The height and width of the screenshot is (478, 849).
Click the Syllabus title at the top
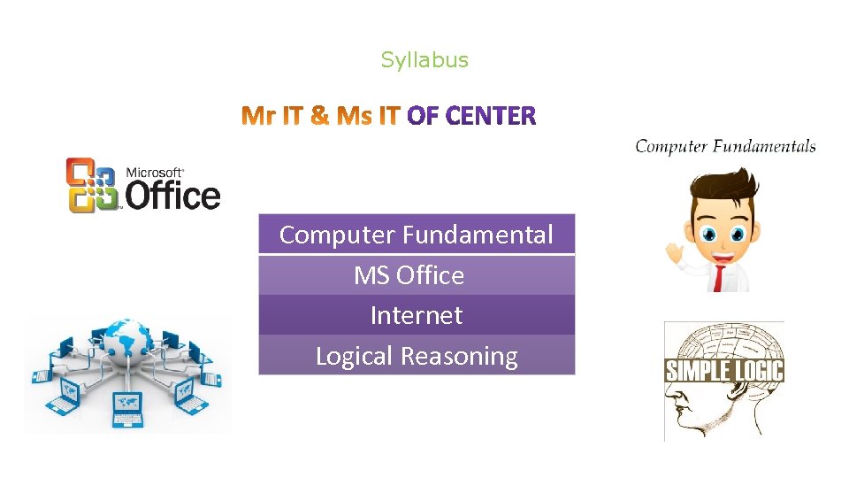tap(424, 60)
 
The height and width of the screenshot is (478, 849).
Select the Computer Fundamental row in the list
tap(417, 235)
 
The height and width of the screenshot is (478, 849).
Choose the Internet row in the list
tap(417, 315)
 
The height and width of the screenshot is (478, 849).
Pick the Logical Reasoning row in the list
tap(417, 356)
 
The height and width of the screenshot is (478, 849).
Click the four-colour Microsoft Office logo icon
tap(92, 185)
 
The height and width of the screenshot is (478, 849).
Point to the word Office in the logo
tap(172, 195)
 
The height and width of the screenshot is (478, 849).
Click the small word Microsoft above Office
tap(154, 173)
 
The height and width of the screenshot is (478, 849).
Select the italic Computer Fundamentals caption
tap(725, 147)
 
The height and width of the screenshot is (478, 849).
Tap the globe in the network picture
tap(128, 341)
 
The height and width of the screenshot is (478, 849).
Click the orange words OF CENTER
tap(471, 116)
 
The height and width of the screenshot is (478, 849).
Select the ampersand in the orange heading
tap(319, 116)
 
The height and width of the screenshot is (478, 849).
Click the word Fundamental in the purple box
tap(478, 235)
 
